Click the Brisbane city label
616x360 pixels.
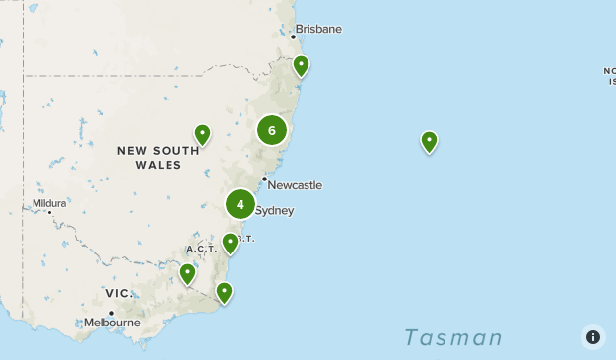(x=318, y=29)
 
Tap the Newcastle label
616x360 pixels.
(x=294, y=185)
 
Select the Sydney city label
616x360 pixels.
(x=274, y=210)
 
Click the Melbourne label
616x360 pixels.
(x=111, y=323)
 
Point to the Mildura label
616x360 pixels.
(x=48, y=203)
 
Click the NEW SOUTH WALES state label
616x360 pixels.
(x=150, y=158)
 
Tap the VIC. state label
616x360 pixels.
(x=119, y=293)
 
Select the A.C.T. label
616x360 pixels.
(x=201, y=249)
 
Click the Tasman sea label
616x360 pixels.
(x=453, y=338)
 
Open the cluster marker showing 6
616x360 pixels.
(x=272, y=130)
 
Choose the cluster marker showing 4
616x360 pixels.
(x=240, y=204)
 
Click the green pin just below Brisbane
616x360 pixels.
(x=301, y=66)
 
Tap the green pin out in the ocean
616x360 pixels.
(x=429, y=142)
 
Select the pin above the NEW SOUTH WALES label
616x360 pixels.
(x=202, y=134)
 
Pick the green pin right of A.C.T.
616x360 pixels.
(x=230, y=243)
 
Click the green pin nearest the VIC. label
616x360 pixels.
(x=187, y=273)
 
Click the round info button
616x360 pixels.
(x=592, y=336)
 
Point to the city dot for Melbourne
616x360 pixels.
(x=111, y=313)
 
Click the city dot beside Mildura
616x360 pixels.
(x=49, y=212)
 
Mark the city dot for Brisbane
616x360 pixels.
(x=293, y=37)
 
